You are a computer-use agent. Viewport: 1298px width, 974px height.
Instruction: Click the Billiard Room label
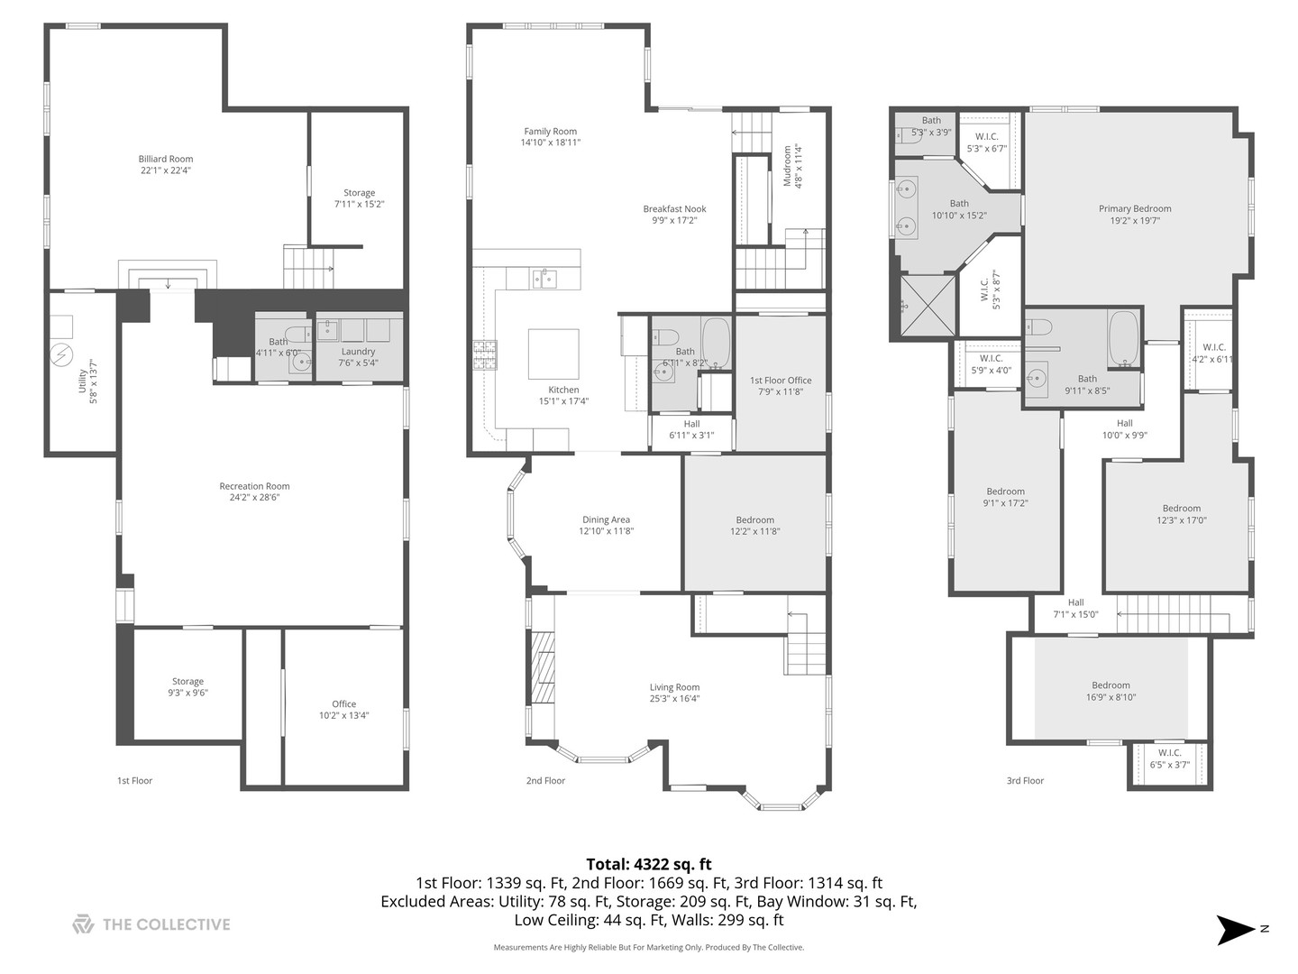click(166, 160)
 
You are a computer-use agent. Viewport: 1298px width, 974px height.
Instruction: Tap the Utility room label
click(82, 374)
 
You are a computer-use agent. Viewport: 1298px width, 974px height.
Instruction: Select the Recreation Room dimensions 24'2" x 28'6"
click(255, 498)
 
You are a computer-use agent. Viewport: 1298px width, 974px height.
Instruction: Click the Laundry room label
click(358, 352)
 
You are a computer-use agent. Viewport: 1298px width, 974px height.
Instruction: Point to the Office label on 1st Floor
click(343, 704)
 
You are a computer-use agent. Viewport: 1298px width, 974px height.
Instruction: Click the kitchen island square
click(553, 354)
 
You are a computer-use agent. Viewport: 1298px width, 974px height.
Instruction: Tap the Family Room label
click(550, 132)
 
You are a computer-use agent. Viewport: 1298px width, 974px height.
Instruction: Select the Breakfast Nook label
click(674, 209)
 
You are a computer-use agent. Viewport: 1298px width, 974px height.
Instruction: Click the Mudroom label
click(787, 166)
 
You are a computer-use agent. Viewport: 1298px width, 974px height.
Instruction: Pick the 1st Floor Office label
click(781, 381)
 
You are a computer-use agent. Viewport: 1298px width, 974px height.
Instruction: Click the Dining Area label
click(606, 519)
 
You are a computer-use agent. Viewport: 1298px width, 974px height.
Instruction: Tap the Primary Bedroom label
click(1134, 209)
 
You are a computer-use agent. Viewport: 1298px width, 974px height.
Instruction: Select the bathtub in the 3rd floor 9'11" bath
click(1123, 339)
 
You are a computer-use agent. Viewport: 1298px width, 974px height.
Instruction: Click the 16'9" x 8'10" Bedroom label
click(1111, 685)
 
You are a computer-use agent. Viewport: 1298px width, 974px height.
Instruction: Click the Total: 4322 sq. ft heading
click(648, 865)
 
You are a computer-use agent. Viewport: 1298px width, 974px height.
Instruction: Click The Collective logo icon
click(83, 924)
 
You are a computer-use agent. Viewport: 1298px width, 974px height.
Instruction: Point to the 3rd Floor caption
click(1025, 781)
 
